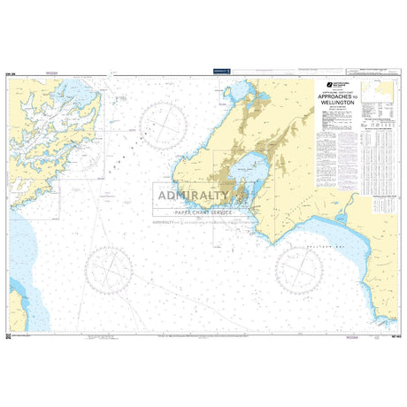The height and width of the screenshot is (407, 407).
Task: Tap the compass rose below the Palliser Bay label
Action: tap(304, 263)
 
